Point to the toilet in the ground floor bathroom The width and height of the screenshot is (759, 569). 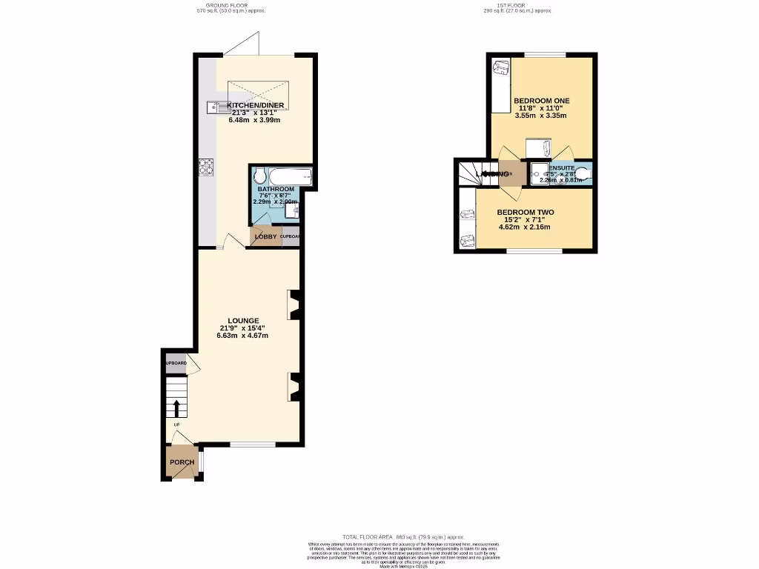coord(259,177)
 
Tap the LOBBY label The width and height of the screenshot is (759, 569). coord(265,237)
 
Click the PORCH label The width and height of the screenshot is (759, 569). coord(182,462)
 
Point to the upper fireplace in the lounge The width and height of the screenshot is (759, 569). coord(294,304)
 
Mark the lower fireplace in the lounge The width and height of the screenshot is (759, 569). coord(294,387)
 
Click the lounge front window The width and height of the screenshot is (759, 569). coord(253,445)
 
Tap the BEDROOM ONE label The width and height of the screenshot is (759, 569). coord(542,100)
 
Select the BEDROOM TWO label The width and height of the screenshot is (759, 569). coord(525,212)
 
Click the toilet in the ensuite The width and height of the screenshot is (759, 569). coord(583,174)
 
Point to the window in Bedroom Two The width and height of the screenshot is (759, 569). coord(534,251)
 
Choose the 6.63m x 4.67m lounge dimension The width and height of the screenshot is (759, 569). coord(242,336)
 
